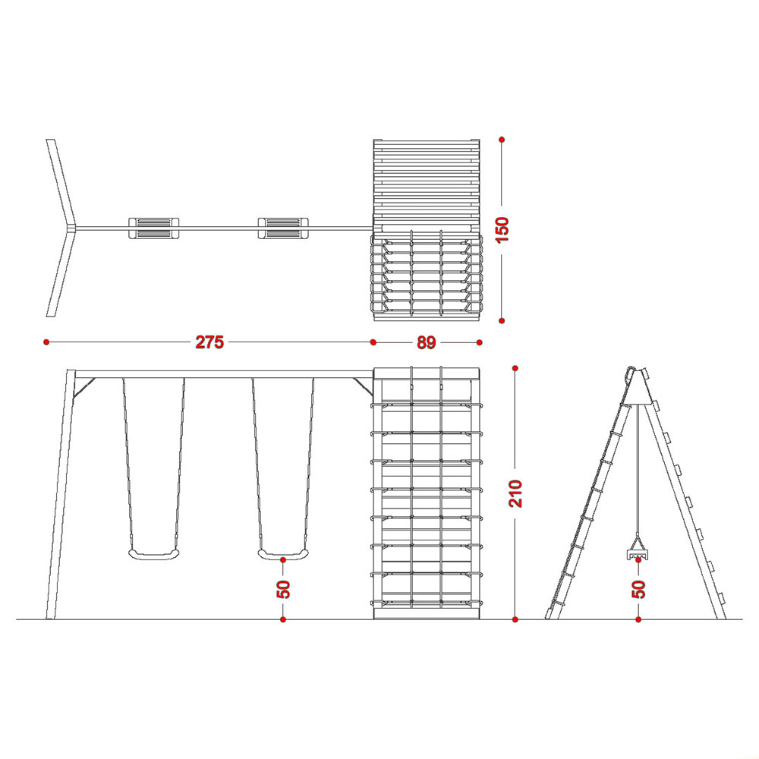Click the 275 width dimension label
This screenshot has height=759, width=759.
coord(209,342)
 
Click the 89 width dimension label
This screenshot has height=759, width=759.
coord(427,342)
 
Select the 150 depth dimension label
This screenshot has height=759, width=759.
coord(502,230)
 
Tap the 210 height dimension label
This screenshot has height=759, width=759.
coord(515,494)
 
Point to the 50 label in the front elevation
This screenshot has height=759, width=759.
coord(284,589)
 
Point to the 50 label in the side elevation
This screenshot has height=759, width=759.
coord(639,589)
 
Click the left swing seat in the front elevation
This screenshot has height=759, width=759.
coord(153,555)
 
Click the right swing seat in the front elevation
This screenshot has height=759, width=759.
coord(282,555)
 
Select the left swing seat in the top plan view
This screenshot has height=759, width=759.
coord(153,228)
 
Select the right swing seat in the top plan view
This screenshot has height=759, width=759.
coord(283,228)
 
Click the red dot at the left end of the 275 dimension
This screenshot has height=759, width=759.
coord(46,342)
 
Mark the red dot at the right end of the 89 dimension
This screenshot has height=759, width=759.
coord(479,342)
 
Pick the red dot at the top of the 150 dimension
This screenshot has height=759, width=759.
coord(502,140)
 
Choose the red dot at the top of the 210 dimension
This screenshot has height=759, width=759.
coord(515,368)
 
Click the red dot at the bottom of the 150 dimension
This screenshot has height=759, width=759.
coord(502,320)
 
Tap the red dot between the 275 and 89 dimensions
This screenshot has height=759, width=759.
coord(373,342)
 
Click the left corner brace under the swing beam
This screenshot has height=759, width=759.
coord(83,389)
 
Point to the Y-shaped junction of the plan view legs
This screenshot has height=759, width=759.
coord(74,228)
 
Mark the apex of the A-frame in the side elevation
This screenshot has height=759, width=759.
coord(637,369)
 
